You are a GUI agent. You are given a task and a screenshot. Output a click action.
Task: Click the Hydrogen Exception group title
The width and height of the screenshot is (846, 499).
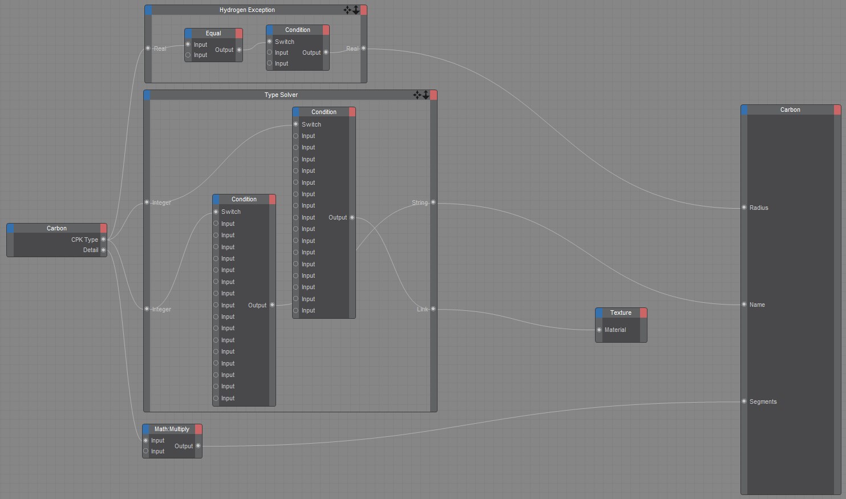coord(247,10)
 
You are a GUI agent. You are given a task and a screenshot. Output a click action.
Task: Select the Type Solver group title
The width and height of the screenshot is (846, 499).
coord(281,95)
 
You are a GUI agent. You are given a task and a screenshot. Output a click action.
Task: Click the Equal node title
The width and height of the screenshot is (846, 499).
coord(213,33)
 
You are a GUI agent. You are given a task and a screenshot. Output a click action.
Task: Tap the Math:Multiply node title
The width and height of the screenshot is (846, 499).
coord(172,429)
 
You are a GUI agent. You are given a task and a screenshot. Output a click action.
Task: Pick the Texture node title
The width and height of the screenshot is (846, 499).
coord(621,313)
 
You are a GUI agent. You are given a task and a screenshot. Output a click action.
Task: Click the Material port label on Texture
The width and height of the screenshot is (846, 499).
coord(615,330)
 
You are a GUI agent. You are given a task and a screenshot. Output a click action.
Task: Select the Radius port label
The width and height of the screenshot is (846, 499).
coord(759,208)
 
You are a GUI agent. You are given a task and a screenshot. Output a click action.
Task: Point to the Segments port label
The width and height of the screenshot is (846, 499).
coord(763,401)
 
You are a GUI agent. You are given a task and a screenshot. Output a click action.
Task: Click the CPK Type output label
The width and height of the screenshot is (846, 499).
coord(84,240)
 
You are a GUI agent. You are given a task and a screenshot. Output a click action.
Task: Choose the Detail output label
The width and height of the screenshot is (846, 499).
coord(91,250)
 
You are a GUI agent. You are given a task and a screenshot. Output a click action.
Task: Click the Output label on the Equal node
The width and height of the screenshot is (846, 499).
coord(224,50)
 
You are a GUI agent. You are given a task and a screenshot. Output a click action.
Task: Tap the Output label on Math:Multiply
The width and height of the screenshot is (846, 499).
coord(184,446)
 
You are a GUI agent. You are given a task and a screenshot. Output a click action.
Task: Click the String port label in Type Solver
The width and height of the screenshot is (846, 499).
coord(420,202)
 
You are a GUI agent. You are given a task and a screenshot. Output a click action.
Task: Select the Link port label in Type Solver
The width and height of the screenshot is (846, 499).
coord(422,309)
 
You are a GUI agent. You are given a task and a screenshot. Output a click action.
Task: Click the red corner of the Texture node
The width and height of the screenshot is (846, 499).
coord(643,313)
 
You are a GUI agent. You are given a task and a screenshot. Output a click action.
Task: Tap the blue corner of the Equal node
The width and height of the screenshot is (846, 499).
coord(188,33)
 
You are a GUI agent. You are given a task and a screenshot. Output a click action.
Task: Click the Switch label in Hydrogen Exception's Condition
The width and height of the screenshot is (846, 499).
coord(285,42)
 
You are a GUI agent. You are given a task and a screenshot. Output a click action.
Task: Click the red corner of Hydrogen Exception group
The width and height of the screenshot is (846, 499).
coord(364,10)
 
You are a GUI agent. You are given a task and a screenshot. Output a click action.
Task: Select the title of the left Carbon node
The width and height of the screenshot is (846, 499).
coord(56,228)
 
